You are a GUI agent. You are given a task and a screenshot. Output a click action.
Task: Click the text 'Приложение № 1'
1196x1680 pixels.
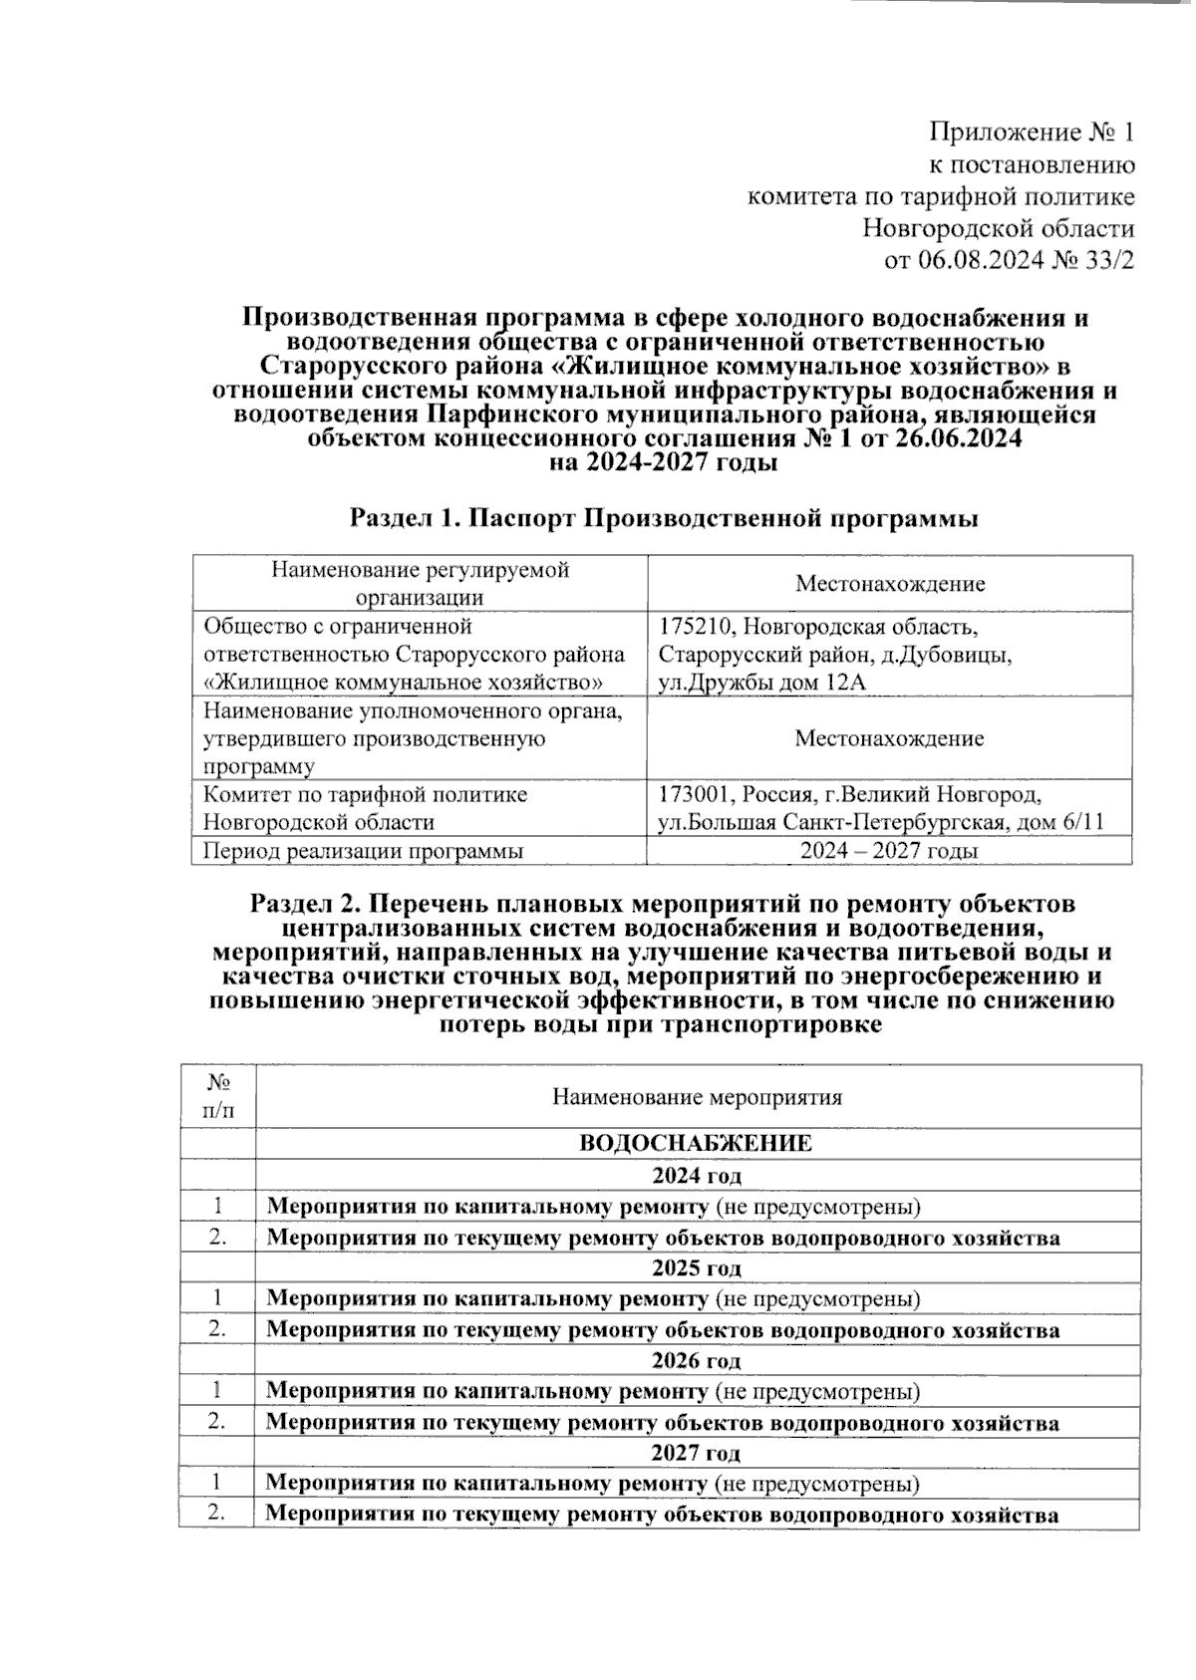[x=1032, y=132]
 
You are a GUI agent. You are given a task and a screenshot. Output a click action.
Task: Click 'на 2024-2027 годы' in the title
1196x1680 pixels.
[x=664, y=462]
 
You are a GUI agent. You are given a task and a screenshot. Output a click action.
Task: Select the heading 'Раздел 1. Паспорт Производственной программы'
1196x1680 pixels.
[x=664, y=518]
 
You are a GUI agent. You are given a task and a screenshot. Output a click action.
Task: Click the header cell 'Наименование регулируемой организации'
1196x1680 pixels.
[x=420, y=583]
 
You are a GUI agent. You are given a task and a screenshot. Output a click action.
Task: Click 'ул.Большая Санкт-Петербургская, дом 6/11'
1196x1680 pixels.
[x=881, y=822]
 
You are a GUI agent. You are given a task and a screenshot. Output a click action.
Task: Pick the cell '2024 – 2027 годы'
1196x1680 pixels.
[x=889, y=851]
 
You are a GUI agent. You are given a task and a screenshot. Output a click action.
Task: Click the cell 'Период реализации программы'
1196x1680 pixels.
[x=364, y=851]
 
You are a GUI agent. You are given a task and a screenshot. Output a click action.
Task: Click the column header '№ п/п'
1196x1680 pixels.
[x=218, y=1096]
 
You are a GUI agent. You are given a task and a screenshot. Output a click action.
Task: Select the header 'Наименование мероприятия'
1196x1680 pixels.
[x=698, y=1097]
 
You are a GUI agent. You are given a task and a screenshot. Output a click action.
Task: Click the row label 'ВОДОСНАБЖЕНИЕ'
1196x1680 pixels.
[x=696, y=1143]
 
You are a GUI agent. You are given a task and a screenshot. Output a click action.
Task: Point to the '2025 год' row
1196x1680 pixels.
[x=697, y=1268]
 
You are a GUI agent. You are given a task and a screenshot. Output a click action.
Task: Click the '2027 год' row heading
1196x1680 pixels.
[x=697, y=1453]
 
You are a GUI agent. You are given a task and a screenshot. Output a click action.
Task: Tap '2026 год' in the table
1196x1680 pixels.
[x=697, y=1360]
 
